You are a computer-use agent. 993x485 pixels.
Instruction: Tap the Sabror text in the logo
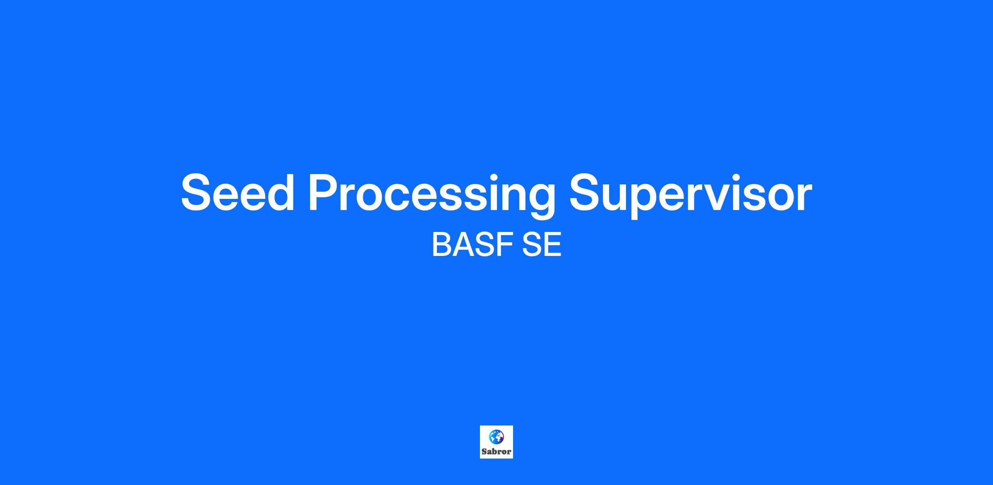click(496, 452)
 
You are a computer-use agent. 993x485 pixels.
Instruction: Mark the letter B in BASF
click(442, 245)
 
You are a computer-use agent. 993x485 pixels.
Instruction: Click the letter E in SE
click(553, 245)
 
